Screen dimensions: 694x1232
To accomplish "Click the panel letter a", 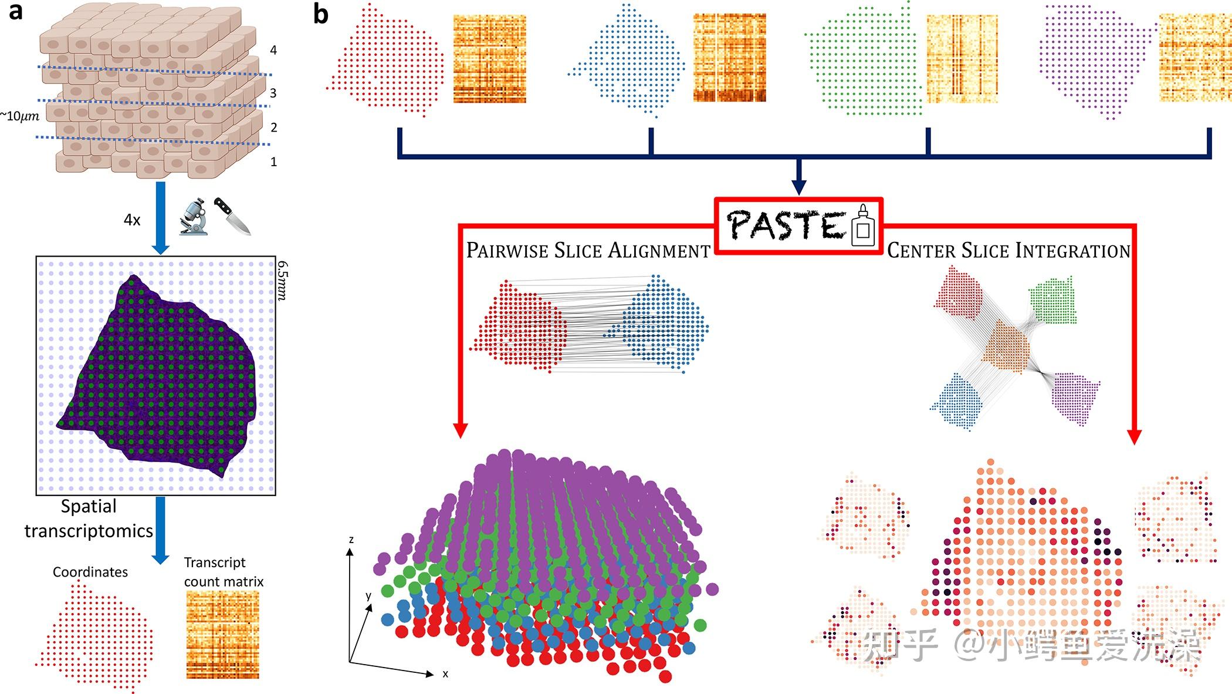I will pyautogui.click(x=16, y=11).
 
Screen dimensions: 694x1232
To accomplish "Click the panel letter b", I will pyautogui.click(x=321, y=14).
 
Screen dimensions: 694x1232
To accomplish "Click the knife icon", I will pyautogui.click(x=232, y=215).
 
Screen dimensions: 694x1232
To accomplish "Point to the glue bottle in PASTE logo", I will pyautogui.click(x=862, y=226).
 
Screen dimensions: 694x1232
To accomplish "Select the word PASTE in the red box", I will pyautogui.click(x=786, y=225).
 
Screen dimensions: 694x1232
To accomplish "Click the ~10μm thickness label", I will pyautogui.click(x=20, y=116).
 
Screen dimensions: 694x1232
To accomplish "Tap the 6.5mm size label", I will pyautogui.click(x=282, y=281).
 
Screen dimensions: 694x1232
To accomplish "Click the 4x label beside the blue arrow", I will pyautogui.click(x=132, y=220).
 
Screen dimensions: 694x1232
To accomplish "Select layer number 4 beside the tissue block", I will pyautogui.click(x=273, y=50).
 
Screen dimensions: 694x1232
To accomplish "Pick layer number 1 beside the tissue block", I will pyautogui.click(x=273, y=161).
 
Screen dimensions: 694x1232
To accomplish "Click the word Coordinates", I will pyautogui.click(x=90, y=572).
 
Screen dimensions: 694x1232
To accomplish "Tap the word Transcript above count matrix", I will pyautogui.click(x=215, y=562).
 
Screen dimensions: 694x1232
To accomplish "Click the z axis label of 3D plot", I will pyautogui.click(x=351, y=540).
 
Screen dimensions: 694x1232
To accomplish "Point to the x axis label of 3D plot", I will pyautogui.click(x=445, y=674).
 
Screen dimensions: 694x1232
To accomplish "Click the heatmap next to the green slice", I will pyautogui.click(x=962, y=59).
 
